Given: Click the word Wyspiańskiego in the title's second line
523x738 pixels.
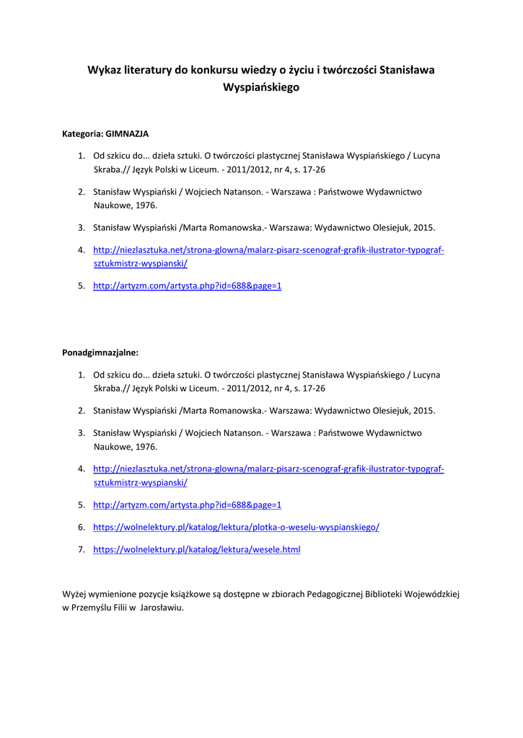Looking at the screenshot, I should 261,87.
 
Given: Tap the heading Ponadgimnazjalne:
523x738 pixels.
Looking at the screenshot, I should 100,353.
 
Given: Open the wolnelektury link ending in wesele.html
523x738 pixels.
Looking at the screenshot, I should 196,550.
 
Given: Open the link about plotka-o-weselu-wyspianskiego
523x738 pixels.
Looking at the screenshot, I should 236,528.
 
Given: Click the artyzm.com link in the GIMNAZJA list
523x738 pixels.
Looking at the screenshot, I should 187,286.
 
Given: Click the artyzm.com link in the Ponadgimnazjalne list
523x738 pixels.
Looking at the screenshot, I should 187,505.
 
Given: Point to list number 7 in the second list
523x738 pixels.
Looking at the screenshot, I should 82,550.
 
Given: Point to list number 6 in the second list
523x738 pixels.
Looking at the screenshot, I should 82,528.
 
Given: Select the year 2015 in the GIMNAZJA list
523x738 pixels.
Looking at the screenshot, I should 424,228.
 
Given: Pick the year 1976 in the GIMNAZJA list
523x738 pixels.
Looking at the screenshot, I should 146,205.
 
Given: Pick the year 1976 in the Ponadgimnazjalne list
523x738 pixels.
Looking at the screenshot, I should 146,447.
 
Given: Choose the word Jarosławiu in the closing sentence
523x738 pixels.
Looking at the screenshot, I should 163,608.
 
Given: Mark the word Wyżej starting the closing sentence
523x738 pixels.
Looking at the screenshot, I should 74,594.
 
